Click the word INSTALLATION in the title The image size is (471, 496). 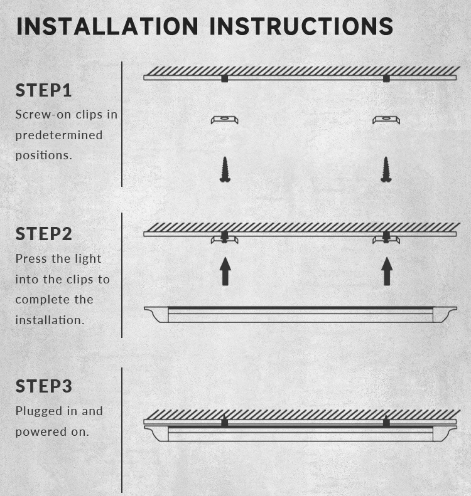point(107,26)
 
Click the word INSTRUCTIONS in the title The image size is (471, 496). point(301,26)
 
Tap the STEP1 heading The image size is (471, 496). point(43,90)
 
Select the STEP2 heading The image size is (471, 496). point(44,234)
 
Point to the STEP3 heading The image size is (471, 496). point(44,386)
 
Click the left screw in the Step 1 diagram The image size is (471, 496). point(225,169)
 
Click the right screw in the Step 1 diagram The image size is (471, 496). point(386,169)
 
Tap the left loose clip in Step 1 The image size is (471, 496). point(225,120)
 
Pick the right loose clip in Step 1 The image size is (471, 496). point(386,120)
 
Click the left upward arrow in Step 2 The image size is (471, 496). point(225,271)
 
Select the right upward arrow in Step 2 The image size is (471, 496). point(387,271)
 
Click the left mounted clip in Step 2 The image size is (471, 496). point(225,240)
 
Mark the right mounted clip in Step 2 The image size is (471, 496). point(386,240)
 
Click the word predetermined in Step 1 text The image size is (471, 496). point(59,135)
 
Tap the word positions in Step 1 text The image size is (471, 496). point(44,156)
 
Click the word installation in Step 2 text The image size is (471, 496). point(50,320)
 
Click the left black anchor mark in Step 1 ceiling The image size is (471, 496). point(225,78)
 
